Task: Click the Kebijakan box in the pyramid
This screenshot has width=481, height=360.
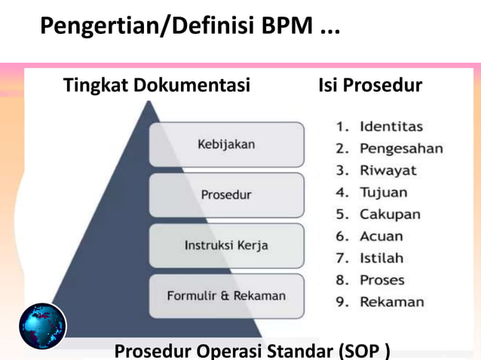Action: (226, 144)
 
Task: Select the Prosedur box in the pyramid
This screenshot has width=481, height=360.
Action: (226, 194)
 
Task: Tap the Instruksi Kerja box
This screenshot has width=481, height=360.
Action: (226, 245)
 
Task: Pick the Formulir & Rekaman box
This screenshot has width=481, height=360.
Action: (226, 295)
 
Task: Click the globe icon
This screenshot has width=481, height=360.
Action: (42, 326)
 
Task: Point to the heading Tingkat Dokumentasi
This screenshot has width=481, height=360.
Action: (156, 86)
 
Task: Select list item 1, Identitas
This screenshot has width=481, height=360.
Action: (390, 126)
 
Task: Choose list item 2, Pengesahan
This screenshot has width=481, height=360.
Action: (400, 148)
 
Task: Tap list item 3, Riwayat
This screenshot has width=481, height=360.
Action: (388, 169)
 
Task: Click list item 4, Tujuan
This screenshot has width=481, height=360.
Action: (383, 192)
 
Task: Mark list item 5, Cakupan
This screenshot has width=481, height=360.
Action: (389, 214)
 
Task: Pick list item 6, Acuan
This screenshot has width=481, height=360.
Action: (381, 236)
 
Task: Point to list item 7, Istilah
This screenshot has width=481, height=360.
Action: (381, 258)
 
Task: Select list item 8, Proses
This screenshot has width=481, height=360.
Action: (381, 280)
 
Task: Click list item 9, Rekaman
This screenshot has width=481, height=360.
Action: (391, 302)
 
